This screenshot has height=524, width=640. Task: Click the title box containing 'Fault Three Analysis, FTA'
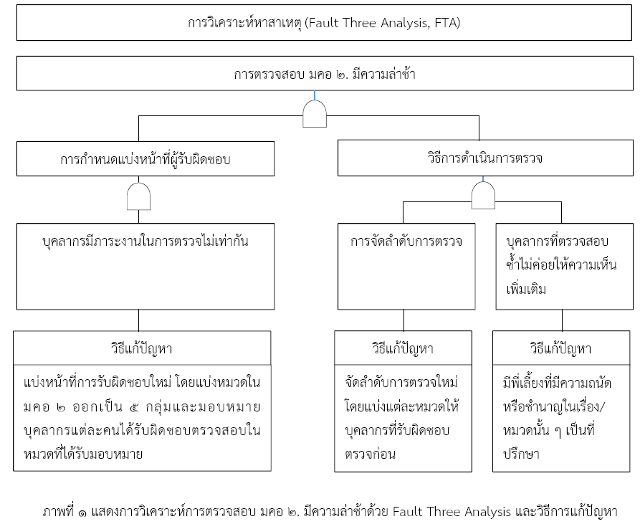(324, 23)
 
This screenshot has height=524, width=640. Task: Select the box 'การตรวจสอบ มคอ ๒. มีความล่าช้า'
(325, 73)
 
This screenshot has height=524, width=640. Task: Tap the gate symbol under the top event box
(315, 114)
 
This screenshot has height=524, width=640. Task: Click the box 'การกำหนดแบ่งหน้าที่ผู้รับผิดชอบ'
(145, 158)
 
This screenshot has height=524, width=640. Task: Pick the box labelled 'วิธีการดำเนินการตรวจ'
(485, 158)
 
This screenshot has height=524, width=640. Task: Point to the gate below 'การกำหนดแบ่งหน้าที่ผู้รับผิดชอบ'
(139, 196)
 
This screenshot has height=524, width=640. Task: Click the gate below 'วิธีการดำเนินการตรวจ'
(483, 196)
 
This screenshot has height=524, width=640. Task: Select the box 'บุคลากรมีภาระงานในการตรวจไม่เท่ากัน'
(145, 266)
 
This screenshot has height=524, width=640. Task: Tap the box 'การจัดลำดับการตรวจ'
(406, 266)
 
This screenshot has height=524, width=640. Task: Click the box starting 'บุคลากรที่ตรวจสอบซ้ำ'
(565, 266)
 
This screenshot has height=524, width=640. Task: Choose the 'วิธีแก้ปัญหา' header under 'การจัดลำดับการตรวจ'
(403, 348)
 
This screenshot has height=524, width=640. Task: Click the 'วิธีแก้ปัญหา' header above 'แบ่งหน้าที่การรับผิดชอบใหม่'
(142, 348)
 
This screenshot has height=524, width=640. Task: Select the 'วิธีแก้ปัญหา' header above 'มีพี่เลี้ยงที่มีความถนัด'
(561, 348)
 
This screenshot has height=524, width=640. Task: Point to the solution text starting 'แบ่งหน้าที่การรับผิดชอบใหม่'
(142, 419)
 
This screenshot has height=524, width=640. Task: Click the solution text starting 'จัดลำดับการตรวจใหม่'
(402, 419)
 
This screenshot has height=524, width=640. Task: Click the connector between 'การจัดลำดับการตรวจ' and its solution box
(403, 320)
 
